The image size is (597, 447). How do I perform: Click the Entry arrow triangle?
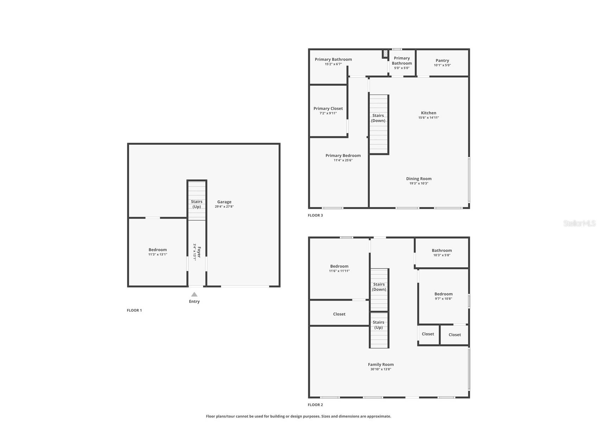tap(194, 294)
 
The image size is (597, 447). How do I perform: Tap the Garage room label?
tap(224, 202)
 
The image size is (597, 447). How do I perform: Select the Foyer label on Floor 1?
tap(199, 252)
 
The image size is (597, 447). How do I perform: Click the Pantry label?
tap(442, 60)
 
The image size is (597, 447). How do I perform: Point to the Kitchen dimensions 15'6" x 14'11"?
tap(428, 118)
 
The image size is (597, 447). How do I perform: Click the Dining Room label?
tap(419, 179)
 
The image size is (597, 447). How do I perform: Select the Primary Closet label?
tap(328, 109)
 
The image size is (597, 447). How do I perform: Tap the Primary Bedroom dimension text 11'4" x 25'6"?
tap(343, 160)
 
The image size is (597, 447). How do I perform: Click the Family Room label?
tap(381, 364)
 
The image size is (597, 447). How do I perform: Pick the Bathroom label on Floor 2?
tap(442, 251)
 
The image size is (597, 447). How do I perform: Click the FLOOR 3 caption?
tap(315, 215)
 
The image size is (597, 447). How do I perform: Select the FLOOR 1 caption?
tap(134, 310)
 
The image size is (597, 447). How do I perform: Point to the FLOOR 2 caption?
tap(315, 405)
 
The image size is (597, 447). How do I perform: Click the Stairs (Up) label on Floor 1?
tap(197, 204)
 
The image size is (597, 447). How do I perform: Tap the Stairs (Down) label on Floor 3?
tap(378, 118)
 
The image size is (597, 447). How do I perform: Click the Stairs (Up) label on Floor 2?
tap(379, 325)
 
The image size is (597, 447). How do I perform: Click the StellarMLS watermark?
tap(579, 223)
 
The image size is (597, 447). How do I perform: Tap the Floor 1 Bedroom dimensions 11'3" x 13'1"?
tap(158, 254)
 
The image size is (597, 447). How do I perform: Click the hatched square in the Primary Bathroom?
tap(385, 54)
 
